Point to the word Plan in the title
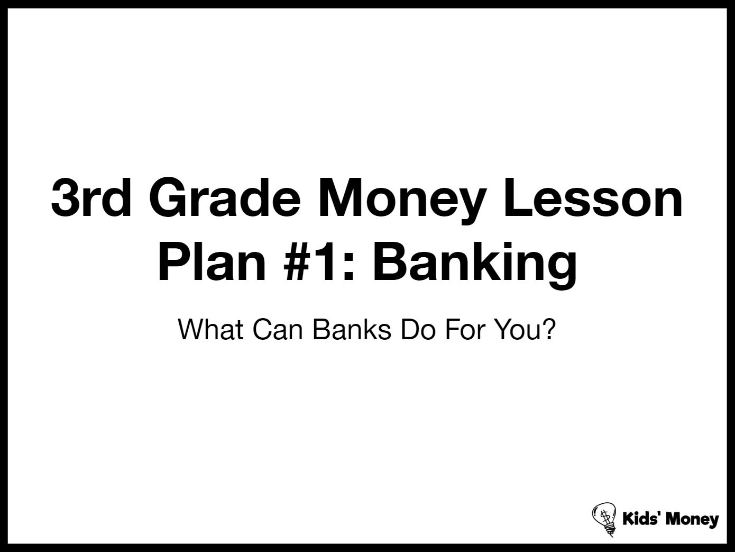(x=212, y=261)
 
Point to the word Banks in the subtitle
(x=352, y=330)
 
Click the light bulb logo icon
(x=604, y=519)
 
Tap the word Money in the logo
(x=692, y=520)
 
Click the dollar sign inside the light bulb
(x=604, y=517)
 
